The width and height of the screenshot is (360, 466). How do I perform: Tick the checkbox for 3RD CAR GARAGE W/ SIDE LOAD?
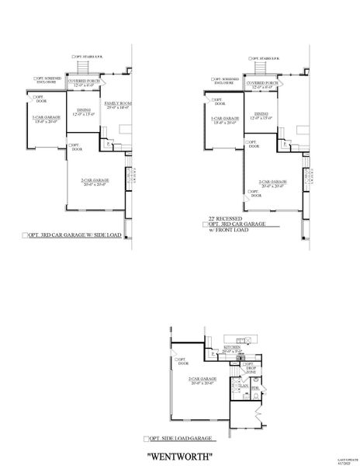click(26, 234)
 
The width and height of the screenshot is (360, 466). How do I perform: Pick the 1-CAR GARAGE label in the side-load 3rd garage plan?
click(45, 117)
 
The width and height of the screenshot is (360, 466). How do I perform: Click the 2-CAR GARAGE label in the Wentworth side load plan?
click(202, 380)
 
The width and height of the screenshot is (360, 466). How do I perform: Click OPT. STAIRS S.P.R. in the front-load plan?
click(267, 57)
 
